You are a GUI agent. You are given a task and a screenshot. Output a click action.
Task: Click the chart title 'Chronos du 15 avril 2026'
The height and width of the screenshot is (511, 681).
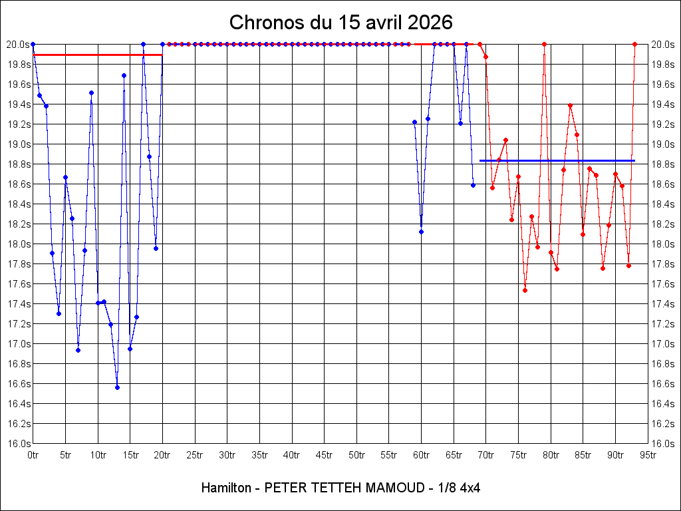340,22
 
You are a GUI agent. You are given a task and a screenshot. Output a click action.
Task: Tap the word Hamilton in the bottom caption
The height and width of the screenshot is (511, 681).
226,488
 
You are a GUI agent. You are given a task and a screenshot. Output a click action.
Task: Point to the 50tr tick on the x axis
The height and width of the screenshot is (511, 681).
356,455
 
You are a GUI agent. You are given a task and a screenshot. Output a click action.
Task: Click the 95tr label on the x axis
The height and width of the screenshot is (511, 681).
648,455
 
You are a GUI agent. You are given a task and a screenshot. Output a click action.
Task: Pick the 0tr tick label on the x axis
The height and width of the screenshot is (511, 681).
33,455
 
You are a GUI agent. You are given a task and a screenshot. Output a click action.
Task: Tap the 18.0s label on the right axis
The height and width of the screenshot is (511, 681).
662,244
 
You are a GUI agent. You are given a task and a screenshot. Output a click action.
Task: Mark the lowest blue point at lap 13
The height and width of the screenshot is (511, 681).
117,387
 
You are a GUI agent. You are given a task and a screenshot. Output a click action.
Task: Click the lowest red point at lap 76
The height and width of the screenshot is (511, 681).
525,290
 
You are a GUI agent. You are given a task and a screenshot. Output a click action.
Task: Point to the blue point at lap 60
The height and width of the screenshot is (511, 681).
421,232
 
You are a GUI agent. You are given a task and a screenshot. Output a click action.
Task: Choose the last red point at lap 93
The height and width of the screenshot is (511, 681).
635,44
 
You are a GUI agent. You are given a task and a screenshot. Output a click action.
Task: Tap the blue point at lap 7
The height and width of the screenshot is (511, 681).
78,350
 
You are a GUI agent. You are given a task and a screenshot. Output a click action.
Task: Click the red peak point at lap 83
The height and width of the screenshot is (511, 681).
570,105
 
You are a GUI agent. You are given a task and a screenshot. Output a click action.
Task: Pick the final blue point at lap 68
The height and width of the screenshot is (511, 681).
473,185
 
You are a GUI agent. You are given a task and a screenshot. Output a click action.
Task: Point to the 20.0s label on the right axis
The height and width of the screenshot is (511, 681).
662,44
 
